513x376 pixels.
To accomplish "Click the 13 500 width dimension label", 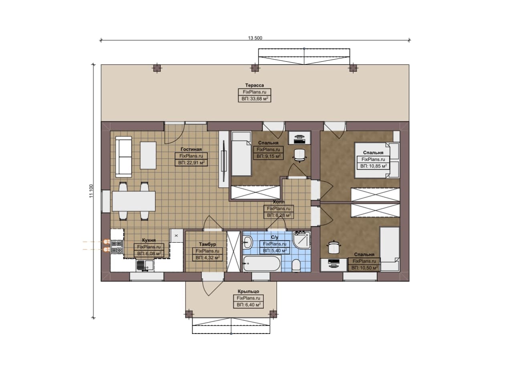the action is pyautogui.click(x=255, y=38).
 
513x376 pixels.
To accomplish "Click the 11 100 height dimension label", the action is pyautogui.click(x=91, y=191).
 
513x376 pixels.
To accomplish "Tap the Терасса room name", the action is pyautogui.click(x=254, y=85).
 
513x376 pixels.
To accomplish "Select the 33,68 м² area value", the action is pyautogui.click(x=254, y=99).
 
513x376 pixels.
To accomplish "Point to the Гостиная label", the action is pyautogui.click(x=191, y=149).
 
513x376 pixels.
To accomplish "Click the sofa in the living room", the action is pyautogui.click(x=123, y=157).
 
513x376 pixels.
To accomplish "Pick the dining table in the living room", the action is pyautogui.click(x=134, y=201).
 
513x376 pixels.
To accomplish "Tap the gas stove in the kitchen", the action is pyautogui.click(x=117, y=247).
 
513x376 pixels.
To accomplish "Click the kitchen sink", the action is pyautogui.click(x=145, y=265).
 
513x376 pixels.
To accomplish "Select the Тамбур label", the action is pyautogui.click(x=207, y=244).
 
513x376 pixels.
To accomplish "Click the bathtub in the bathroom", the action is pyautogui.click(x=262, y=263).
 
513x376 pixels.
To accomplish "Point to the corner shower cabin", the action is pyautogui.click(x=301, y=240).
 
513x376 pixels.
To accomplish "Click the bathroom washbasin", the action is pyautogui.click(x=247, y=242).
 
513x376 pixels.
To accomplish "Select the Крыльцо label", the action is pyautogui.click(x=248, y=292).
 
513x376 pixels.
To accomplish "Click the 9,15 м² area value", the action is pyautogui.click(x=268, y=156).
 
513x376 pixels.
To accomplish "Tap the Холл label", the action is pyautogui.click(x=279, y=202).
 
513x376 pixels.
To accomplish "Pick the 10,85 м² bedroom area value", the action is pyautogui.click(x=373, y=166).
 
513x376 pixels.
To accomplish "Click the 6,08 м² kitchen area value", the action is pyautogui.click(x=149, y=253).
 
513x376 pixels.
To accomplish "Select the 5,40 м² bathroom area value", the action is pyautogui.click(x=275, y=251).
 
